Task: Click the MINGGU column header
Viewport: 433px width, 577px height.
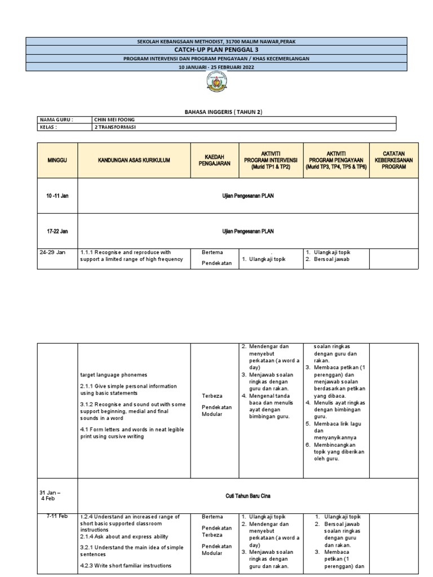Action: tap(57, 161)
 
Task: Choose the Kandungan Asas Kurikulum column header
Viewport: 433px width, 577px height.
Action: tap(134, 161)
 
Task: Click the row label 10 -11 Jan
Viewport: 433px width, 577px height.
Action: tap(57, 196)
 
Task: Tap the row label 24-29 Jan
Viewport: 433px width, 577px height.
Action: tap(52, 252)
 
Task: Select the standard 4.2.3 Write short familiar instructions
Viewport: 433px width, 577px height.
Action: tap(130, 566)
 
